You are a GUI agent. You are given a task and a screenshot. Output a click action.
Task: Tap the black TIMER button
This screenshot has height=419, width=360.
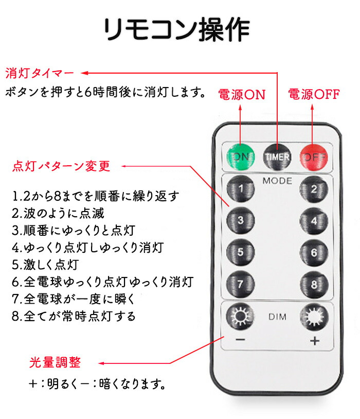(x=277, y=157)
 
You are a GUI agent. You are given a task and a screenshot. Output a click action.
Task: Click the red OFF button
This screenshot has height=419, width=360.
(x=314, y=158)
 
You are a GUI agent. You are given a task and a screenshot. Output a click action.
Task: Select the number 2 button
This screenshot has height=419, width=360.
(x=314, y=189)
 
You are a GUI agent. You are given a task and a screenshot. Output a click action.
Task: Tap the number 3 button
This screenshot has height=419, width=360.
(x=240, y=220)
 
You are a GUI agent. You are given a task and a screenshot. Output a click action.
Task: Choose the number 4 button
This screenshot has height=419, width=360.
(x=314, y=221)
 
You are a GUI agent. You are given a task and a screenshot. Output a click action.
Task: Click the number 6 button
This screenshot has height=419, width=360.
(x=314, y=253)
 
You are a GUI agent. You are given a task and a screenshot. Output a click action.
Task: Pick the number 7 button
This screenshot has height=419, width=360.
(x=240, y=284)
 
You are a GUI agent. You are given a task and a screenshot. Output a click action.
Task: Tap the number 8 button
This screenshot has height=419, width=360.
(x=314, y=285)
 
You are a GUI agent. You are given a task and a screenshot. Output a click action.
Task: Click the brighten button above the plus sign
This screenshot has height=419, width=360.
(x=314, y=317)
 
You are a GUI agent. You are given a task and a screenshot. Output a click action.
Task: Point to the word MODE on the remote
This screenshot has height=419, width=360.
(x=277, y=181)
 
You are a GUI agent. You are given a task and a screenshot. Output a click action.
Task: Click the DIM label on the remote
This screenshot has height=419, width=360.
(x=278, y=317)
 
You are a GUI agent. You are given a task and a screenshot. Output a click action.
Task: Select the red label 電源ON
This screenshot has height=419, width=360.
(x=242, y=94)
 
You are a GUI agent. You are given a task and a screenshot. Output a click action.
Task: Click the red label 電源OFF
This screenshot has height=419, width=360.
(x=314, y=94)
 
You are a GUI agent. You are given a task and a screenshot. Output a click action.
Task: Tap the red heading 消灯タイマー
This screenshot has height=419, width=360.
(x=40, y=73)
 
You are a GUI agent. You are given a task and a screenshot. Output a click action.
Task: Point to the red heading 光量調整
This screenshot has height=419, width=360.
(x=55, y=362)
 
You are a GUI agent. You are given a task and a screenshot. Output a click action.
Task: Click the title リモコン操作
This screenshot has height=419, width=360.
(x=177, y=29)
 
